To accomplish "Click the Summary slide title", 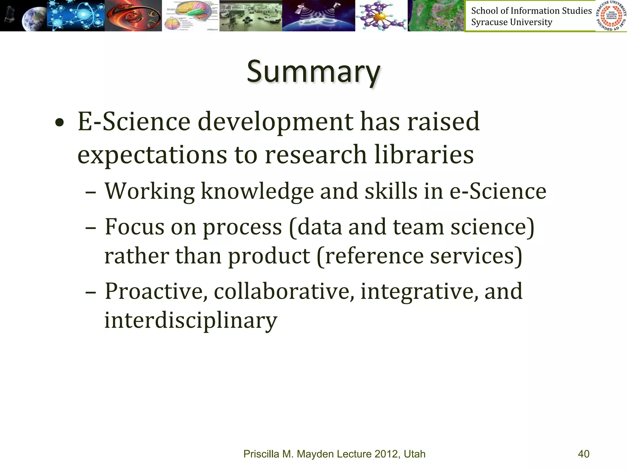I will click(313, 72).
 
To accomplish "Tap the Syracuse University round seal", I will click(611, 16).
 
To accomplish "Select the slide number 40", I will click(584, 454).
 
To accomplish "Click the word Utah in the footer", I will click(415, 454).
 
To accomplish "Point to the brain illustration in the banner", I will click(190, 15).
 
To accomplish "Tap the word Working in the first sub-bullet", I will click(150, 191).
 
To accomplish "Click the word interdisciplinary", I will click(191, 320).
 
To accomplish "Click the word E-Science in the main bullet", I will click(134, 122).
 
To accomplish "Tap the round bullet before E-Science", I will click(60, 123).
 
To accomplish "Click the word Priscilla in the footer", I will click(261, 454).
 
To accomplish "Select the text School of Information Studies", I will click(531, 11).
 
